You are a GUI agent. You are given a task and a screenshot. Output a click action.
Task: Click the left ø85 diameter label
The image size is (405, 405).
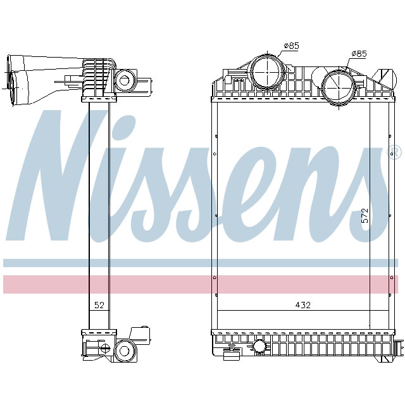[292, 46]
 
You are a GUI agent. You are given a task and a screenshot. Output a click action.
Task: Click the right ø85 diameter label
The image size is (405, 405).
[358, 54]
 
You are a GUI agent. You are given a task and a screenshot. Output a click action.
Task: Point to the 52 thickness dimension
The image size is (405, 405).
[99, 305]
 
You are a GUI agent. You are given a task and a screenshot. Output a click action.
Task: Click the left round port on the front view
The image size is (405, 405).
[266, 73]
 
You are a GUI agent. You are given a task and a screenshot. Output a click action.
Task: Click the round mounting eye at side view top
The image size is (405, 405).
[124, 80]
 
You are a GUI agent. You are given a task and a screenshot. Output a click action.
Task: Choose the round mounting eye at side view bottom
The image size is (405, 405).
[123, 349]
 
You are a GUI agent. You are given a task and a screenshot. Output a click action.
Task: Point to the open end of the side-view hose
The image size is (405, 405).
[13, 82]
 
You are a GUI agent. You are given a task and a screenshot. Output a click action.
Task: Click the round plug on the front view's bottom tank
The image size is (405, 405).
[259, 347]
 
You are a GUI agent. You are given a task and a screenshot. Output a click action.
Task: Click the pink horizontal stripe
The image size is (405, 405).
[202, 284]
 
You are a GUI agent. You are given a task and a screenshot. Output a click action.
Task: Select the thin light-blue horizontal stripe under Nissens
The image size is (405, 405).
[202, 263]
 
